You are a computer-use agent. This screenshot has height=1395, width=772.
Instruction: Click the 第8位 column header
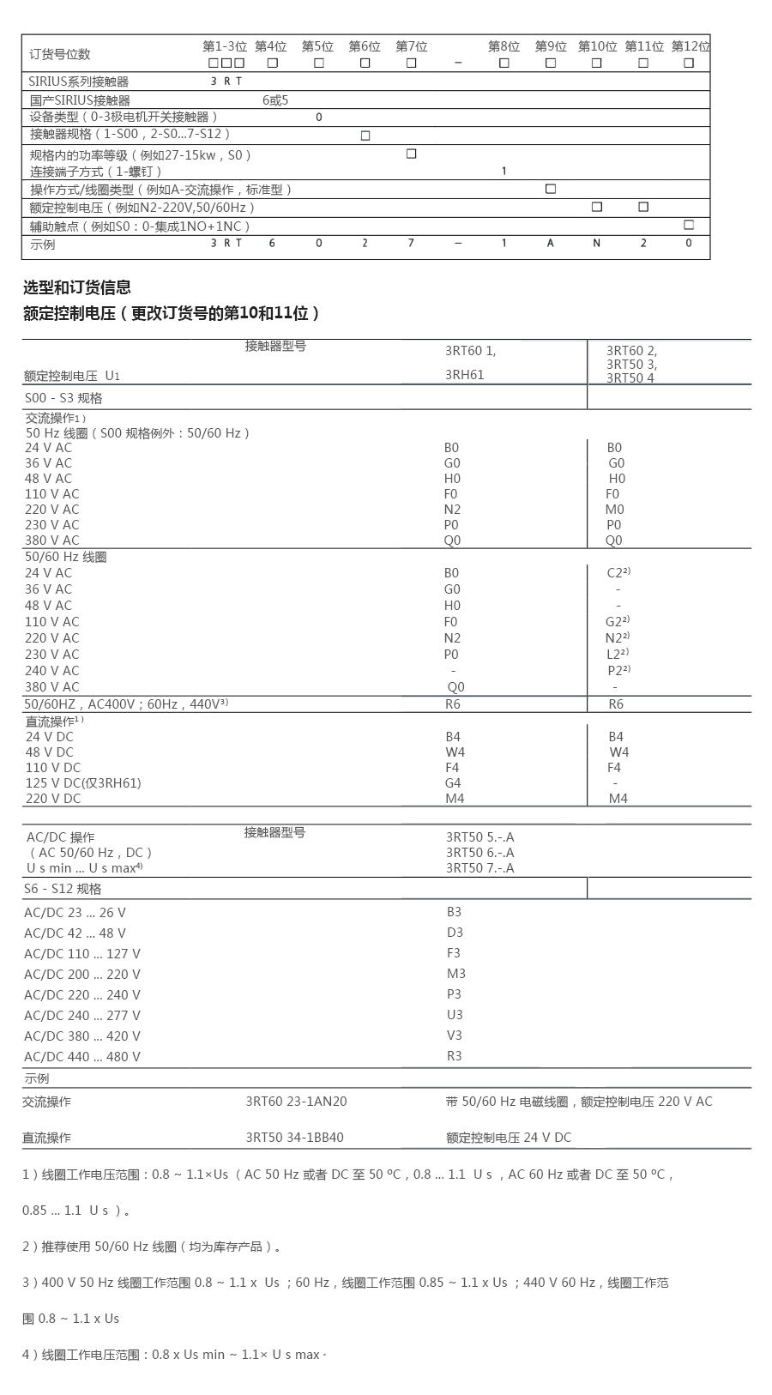[x=504, y=46]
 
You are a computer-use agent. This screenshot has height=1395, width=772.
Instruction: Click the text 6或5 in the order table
[x=275, y=100]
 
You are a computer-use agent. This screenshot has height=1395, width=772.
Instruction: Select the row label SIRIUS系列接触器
[x=79, y=82]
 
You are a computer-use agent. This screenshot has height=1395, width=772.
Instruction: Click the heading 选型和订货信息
[x=77, y=287]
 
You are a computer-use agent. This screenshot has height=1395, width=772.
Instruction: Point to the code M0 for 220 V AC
[x=614, y=510]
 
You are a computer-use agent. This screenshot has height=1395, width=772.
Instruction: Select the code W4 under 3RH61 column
[x=455, y=752]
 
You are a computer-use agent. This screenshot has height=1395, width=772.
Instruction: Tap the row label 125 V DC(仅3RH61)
[x=83, y=783]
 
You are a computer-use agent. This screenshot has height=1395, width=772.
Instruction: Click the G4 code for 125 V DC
[x=453, y=783]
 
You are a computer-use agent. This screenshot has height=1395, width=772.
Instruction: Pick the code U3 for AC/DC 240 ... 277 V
[x=455, y=1015]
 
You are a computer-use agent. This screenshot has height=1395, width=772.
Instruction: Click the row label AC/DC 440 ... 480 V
[x=82, y=1057]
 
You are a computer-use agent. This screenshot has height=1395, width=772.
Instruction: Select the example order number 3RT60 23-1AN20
[x=296, y=1102]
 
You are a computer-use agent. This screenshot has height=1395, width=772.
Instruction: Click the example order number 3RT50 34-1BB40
[x=294, y=1138]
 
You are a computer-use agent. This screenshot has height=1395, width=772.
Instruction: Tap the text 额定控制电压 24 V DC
[x=508, y=1138]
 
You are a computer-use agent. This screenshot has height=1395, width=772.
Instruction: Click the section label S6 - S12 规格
[x=63, y=889]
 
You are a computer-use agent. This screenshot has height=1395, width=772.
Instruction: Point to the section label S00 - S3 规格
[x=63, y=398]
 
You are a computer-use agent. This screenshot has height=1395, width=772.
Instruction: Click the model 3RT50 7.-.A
[x=479, y=868]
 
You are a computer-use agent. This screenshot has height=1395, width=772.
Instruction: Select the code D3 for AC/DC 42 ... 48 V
[x=455, y=933]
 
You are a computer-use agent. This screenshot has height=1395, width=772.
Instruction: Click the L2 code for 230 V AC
[x=615, y=655]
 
